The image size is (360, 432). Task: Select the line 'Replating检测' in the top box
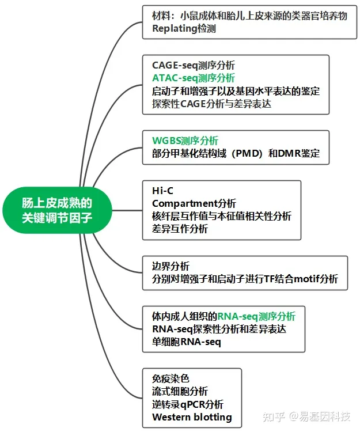(x=184, y=28)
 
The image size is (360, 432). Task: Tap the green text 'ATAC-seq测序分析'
(x=193, y=78)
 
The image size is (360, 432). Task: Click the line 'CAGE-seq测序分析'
(x=193, y=65)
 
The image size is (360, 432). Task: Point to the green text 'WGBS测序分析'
(x=185, y=141)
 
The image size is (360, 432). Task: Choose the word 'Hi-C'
(x=162, y=191)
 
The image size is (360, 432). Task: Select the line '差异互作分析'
(x=180, y=229)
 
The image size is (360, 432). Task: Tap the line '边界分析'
(x=170, y=266)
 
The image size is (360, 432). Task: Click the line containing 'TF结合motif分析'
(x=245, y=279)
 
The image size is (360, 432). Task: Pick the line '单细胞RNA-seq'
(x=186, y=342)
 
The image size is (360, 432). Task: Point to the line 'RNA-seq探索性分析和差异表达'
(x=219, y=329)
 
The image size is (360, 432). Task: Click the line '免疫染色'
(x=170, y=378)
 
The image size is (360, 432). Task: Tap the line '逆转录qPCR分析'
(x=187, y=404)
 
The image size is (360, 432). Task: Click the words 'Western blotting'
(x=192, y=417)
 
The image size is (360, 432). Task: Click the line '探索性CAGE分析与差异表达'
(x=211, y=104)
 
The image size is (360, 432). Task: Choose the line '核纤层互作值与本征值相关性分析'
(x=222, y=216)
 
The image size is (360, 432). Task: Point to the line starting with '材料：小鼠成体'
(x=249, y=16)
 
